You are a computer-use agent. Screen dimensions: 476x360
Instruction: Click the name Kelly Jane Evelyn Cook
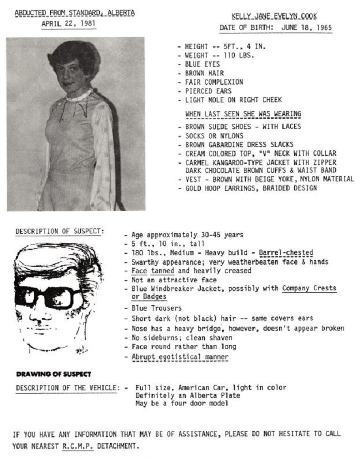pyautogui.click(x=274, y=16)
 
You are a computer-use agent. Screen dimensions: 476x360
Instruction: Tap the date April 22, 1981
pyautogui.click(x=68, y=23)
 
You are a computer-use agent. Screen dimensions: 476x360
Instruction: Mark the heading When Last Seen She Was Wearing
pyautogui.click(x=243, y=114)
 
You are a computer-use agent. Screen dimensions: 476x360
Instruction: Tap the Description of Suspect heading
pyautogui.click(x=59, y=231)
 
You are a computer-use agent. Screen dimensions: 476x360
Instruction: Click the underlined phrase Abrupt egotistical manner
pyautogui.click(x=179, y=357)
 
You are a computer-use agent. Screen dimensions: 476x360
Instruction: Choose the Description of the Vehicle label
pyautogui.click(x=67, y=388)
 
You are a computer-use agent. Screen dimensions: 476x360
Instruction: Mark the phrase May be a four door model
pyautogui.click(x=181, y=403)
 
